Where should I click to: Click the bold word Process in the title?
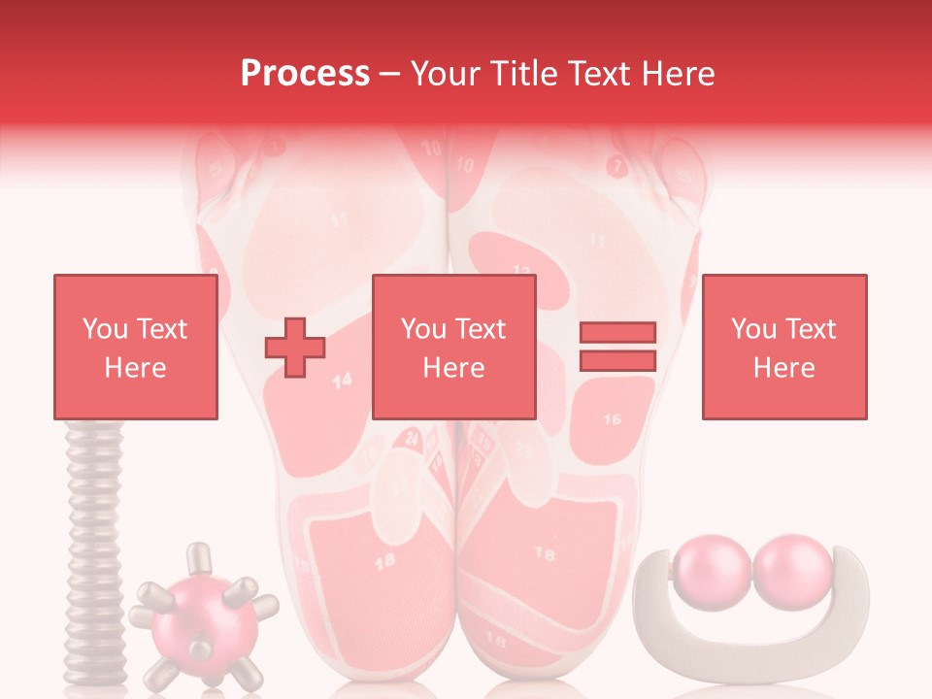tap(305, 74)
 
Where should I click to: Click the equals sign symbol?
tap(617, 347)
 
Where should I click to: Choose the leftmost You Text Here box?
tap(135, 347)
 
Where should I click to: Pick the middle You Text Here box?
tap(453, 347)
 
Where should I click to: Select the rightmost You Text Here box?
tap(783, 347)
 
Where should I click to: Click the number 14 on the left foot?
tap(342, 382)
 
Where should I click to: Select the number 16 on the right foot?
tap(612, 419)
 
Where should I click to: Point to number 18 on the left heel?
tap(383, 560)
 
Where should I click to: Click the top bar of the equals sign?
tap(617, 333)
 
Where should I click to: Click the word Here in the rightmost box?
tap(783, 368)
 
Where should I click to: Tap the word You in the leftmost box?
tap(103, 329)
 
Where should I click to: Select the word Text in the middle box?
tap(481, 329)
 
